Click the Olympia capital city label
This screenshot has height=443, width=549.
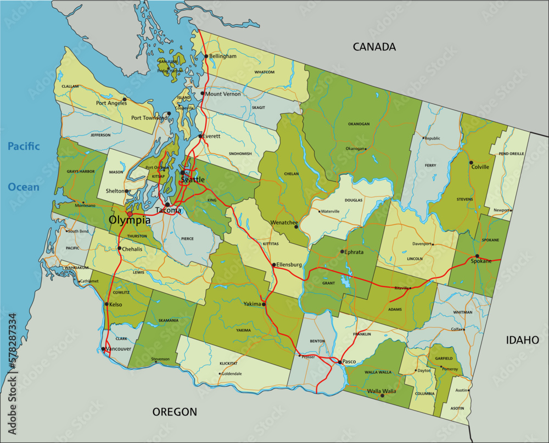pos(130,220)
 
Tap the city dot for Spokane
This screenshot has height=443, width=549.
pos(477,256)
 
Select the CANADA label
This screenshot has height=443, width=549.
pos(374,47)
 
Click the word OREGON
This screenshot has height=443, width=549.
pos(175,412)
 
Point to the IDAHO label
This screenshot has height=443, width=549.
pos(522,340)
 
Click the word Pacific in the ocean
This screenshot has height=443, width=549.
pos(24,146)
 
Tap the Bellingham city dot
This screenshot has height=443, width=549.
pos(206,56)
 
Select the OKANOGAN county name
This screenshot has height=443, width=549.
pos(358,124)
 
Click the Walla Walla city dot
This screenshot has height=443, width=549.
pos(382,395)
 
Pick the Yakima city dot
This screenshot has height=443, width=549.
pos(264,304)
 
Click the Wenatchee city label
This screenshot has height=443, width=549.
pos(284,223)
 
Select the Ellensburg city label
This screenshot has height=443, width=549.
pos(289,265)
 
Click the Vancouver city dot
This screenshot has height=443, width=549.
pos(103,349)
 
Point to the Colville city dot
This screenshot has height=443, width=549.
pos(470,162)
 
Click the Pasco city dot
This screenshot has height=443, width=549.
pos(339,362)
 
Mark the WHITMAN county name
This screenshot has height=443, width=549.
pos(463,312)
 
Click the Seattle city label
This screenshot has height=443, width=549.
pos(193,180)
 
